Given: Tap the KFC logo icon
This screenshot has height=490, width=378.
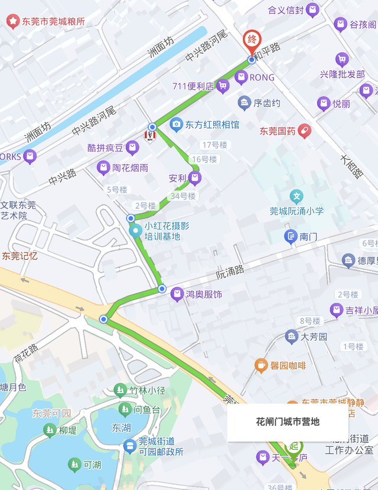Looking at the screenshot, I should [x=150, y=136].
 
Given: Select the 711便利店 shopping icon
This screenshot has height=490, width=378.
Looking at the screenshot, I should [x=223, y=86].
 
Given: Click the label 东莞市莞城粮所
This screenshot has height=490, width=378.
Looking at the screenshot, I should [x=53, y=22].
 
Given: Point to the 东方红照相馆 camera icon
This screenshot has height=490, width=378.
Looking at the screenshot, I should [x=176, y=125].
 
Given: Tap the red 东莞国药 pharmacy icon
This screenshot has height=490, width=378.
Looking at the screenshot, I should [x=304, y=130].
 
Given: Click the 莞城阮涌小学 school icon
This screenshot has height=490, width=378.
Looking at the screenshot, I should [x=296, y=196].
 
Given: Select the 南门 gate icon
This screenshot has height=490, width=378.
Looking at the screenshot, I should [x=291, y=237].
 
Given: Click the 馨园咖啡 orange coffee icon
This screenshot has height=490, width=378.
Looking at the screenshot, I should [x=260, y=365].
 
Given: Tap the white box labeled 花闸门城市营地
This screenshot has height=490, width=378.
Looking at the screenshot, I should [x=288, y=422].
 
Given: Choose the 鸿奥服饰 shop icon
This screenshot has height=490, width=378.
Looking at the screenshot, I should [x=177, y=294].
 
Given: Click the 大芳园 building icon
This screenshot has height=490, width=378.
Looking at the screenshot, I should [x=292, y=337].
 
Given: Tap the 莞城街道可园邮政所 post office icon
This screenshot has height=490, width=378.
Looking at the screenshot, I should [x=129, y=446].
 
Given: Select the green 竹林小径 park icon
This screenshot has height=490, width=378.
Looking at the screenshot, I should [x=120, y=390].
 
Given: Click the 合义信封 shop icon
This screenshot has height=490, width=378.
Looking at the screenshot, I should [x=312, y=10].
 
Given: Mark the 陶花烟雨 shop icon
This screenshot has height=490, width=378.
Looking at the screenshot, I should [x=103, y=168].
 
